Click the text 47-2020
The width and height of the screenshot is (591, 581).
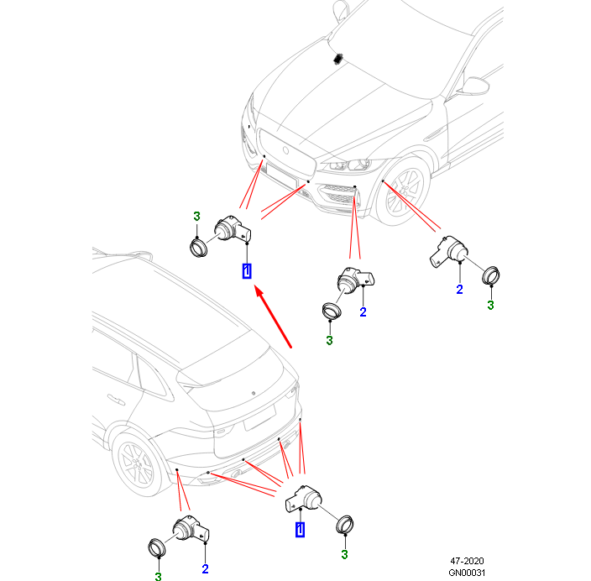coord(467,561)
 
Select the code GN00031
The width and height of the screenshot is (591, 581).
coord(467,573)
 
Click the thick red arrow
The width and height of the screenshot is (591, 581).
coord(273,317)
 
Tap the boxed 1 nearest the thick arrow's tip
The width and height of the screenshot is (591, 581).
coord(247,270)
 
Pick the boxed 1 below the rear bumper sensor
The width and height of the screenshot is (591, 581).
coord(300,529)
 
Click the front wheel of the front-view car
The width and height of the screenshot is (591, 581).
coord(402,191)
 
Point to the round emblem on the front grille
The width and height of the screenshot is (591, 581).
coord(285,151)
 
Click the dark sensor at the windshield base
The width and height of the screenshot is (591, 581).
coord(337,59)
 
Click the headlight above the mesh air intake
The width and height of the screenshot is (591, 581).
coord(351,165)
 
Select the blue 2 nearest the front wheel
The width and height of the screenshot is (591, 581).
coord(459,290)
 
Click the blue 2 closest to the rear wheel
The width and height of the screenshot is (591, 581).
coord(205,569)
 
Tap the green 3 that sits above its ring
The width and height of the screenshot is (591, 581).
coord(196,217)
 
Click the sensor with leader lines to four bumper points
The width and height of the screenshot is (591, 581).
coord(304,500)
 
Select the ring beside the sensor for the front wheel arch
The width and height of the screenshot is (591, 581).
coord(491,275)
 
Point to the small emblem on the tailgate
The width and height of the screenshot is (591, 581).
coord(254,393)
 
